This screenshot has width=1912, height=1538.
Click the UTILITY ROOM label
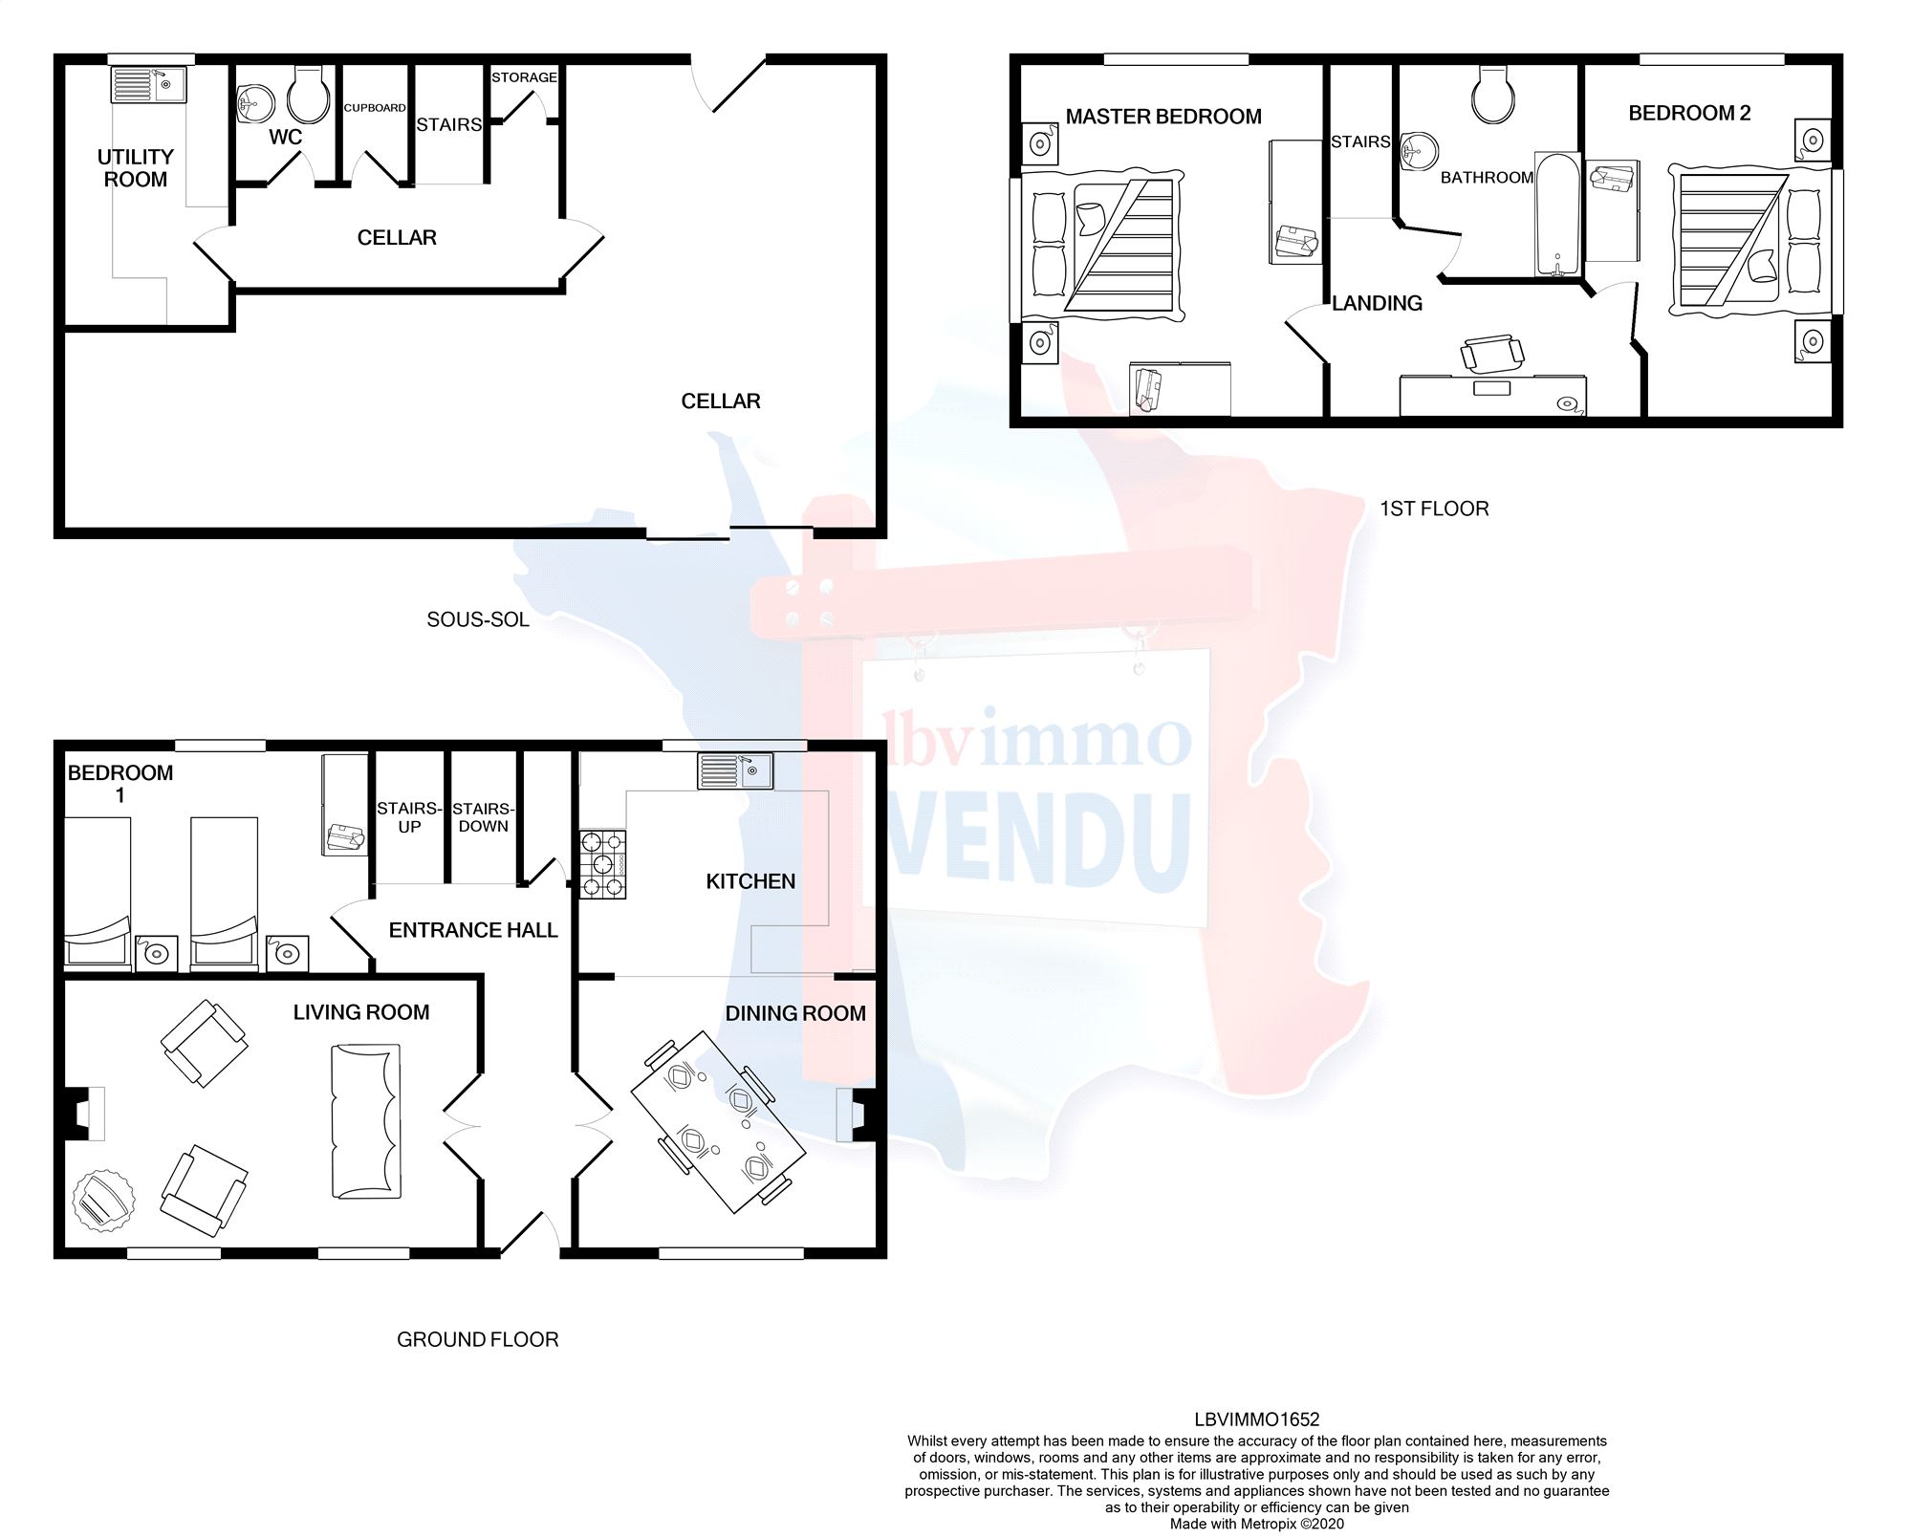135,168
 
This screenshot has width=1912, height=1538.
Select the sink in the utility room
148,84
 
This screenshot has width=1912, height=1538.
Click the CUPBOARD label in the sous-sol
375,108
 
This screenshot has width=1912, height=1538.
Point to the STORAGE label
524,77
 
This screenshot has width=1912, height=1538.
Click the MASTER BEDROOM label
1163,117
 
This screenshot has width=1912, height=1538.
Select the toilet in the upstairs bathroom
1492,96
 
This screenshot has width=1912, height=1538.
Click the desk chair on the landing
1490,353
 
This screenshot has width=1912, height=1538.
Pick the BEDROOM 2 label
1689,113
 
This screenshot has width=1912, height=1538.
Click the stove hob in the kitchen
603,864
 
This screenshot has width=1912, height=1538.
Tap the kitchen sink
734,770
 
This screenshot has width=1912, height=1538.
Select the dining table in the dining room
718,1121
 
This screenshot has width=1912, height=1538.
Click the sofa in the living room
365,1120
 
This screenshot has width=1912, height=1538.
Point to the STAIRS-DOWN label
483,817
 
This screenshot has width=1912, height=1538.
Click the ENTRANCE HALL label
473,930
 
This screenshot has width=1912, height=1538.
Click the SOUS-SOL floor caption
477,619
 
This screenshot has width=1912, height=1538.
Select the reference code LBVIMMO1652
1256,1420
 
